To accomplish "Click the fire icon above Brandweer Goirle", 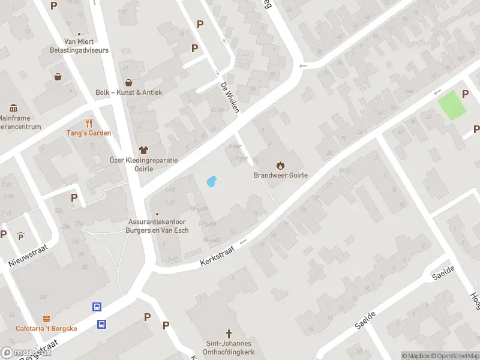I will point(280,165).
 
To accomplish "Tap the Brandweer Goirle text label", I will point(280,176).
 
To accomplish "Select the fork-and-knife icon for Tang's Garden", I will point(89,123).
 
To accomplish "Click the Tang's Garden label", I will point(89,133).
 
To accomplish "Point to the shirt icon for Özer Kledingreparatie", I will point(143,150).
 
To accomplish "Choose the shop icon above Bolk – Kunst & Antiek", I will point(128,83).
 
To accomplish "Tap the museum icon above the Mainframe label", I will point(13,108).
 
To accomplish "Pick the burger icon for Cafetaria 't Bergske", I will point(47,318).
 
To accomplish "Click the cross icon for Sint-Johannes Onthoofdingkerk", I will point(228,333).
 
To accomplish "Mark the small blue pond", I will point(211,181).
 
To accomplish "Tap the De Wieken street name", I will point(230,97).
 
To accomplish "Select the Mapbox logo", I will point(25,353).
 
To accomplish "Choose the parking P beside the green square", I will point(466,94).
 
